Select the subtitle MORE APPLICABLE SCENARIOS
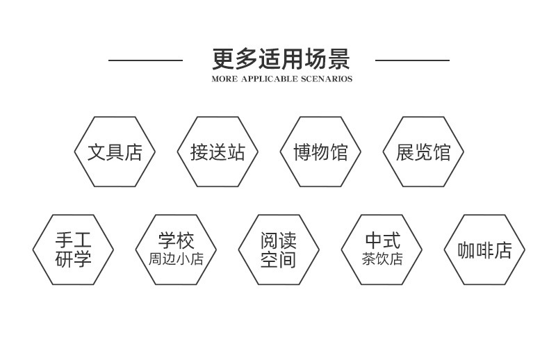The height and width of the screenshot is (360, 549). click(x=281, y=79)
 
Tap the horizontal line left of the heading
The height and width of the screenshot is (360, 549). click(x=145, y=60)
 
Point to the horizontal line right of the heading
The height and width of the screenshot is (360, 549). click(x=412, y=60)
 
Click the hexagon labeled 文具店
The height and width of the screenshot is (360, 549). click(x=115, y=152)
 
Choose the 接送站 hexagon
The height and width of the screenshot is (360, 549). click(x=218, y=152)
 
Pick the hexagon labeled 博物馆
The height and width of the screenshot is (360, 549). click(x=320, y=152)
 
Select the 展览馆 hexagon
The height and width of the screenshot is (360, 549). click(x=423, y=152)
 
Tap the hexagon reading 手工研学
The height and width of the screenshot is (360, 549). click(x=73, y=250)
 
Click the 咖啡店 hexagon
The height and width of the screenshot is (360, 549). click(x=484, y=250)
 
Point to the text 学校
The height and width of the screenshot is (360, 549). click(x=176, y=241)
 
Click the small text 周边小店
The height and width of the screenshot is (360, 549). click(x=176, y=260)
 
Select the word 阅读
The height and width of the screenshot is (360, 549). click(x=279, y=241)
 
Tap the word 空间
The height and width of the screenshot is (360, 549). click(x=279, y=260)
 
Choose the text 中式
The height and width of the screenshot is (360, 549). click(x=382, y=241)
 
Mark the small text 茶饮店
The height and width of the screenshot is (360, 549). click(x=382, y=260)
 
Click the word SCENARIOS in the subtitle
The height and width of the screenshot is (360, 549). click(x=327, y=79)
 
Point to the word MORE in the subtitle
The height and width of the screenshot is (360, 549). click(x=224, y=79)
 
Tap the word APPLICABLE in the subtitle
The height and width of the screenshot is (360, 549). click(x=269, y=79)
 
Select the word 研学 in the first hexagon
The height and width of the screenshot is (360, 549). click(x=73, y=260)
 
